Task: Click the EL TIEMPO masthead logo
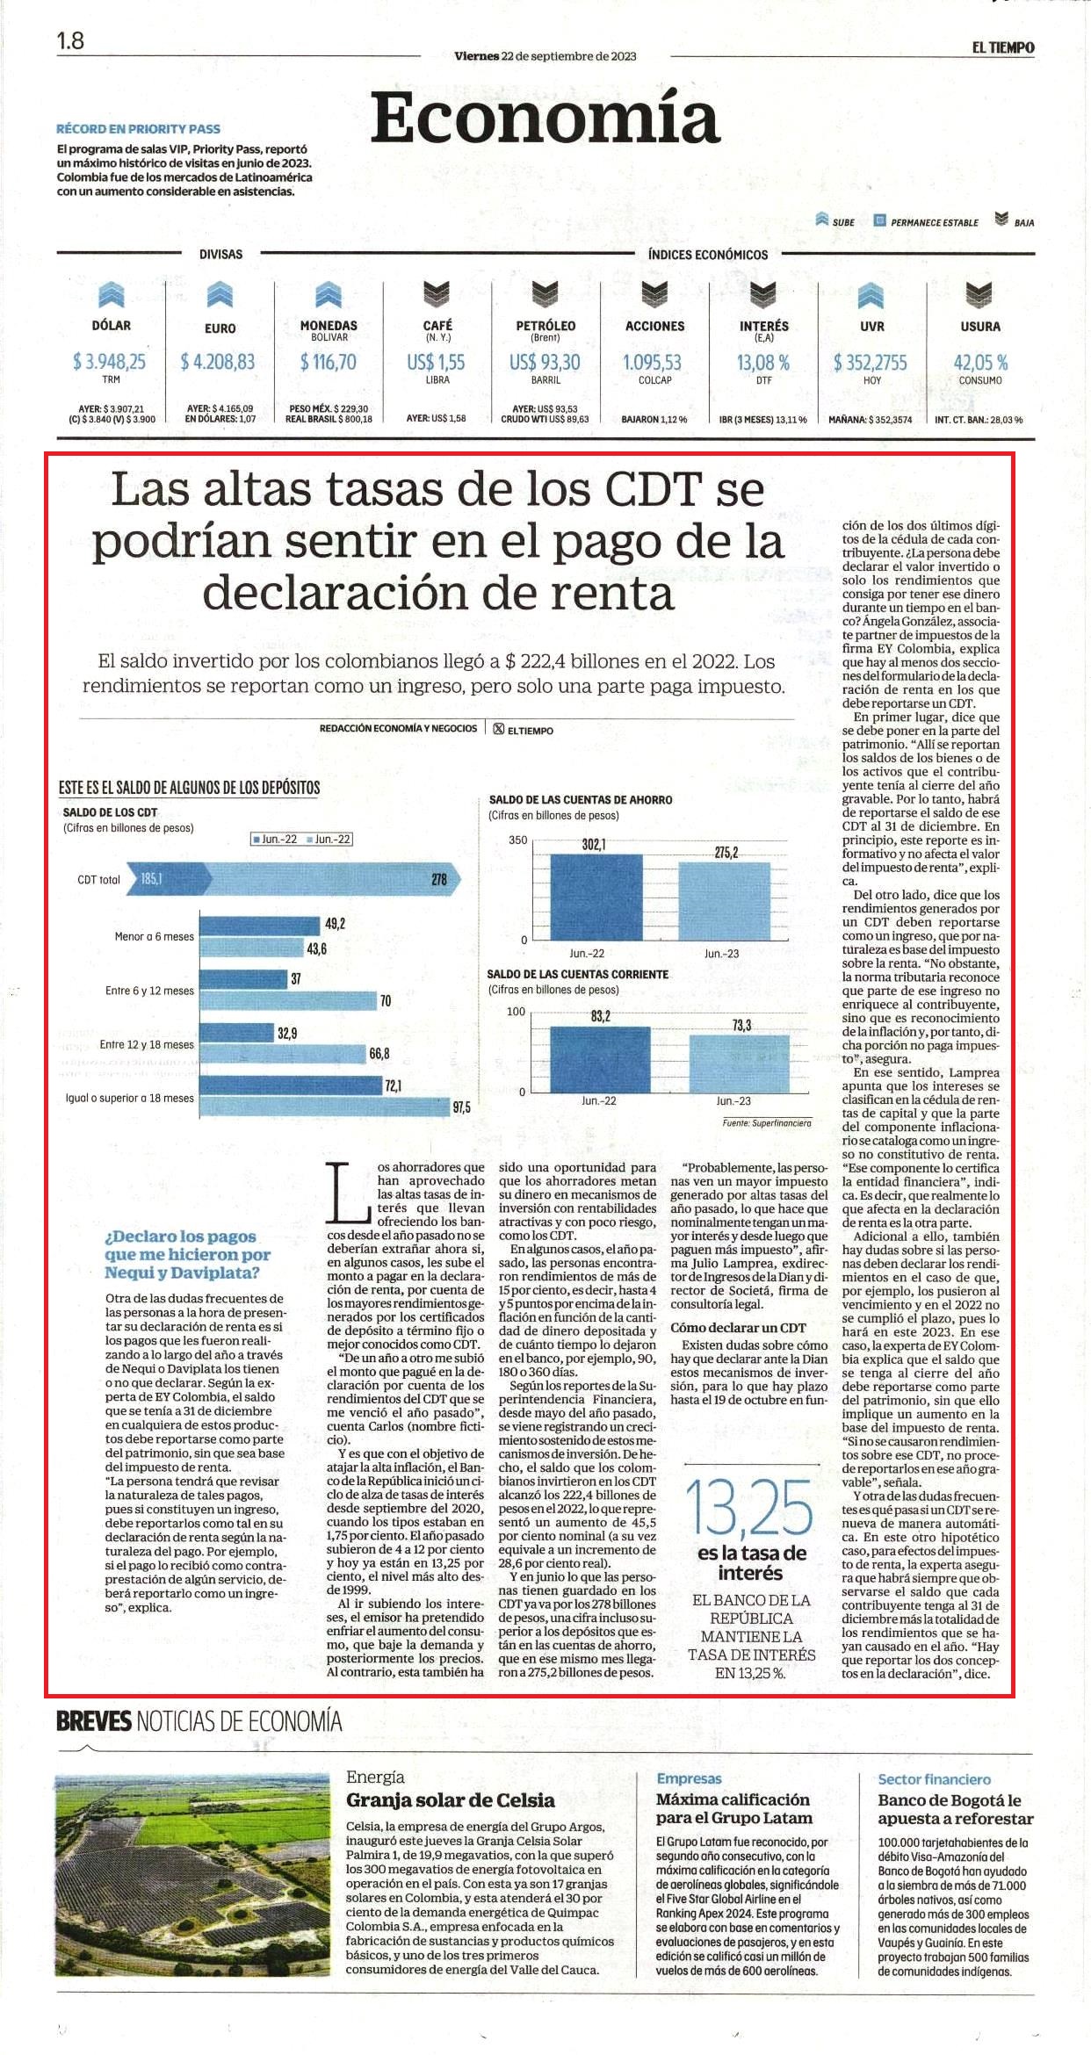[x=1002, y=47]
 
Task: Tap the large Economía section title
[x=545, y=118]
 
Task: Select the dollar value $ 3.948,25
[x=110, y=361]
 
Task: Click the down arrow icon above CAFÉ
[x=437, y=295]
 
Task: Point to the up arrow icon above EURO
[x=220, y=295]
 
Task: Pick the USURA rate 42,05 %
[x=980, y=362]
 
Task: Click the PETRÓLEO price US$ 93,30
[x=545, y=362]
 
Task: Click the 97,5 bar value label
[x=461, y=1107]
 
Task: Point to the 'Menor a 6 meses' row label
[x=155, y=936]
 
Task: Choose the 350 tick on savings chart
[x=518, y=840]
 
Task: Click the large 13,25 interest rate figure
[x=750, y=1507]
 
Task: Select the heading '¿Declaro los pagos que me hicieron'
[x=187, y=1245]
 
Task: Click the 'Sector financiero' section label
[x=935, y=1779]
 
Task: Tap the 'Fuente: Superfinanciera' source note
[x=767, y=1122]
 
